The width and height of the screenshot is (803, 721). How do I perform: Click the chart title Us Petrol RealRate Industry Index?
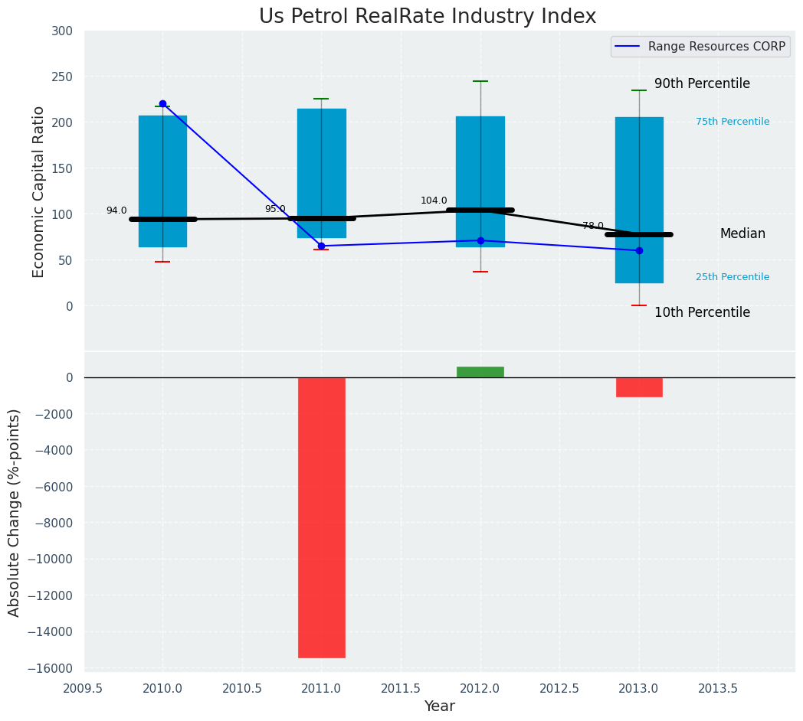(427, 17)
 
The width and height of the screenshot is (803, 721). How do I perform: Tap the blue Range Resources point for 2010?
(162, 104)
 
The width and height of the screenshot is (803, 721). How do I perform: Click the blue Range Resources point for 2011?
(321, 246)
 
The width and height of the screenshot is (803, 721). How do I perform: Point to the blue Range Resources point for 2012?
(480, 240)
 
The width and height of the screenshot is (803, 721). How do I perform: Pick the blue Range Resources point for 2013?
(639, 250)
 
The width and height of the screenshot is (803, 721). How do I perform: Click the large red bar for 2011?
(321, 517)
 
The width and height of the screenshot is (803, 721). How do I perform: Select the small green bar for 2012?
(480, 372)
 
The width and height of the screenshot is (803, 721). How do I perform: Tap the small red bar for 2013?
(639, 387)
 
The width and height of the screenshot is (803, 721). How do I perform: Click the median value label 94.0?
(116, 210)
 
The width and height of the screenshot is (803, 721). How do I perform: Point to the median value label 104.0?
(434, 201)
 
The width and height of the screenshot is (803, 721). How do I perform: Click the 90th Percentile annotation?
(702, 84)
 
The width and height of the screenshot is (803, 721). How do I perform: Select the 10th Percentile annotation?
(702, 312)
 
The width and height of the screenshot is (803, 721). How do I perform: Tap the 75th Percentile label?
(733, 122)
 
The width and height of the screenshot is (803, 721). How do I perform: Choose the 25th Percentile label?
(733, 277)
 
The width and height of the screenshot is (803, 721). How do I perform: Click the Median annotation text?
(742, 234)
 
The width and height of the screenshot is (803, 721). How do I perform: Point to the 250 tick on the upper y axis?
(62, 77)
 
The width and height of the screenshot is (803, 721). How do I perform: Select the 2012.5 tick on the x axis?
(559, 688)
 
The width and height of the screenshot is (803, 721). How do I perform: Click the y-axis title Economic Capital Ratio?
(39, 191)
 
